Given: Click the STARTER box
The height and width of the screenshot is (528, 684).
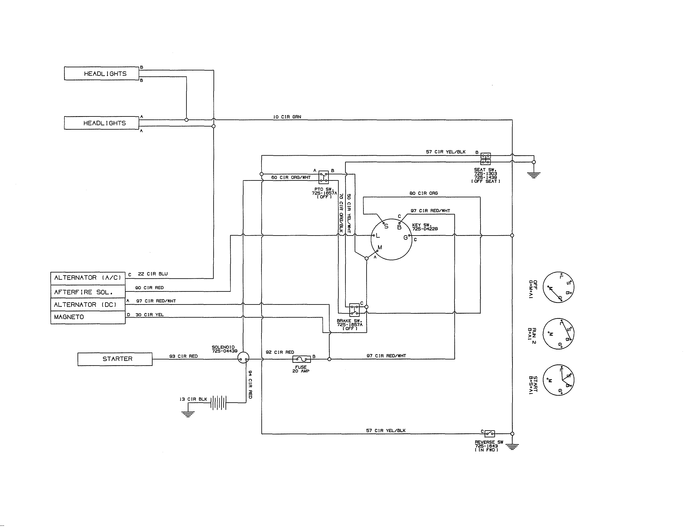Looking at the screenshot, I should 115,359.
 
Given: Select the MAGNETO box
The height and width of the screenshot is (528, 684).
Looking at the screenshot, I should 88,317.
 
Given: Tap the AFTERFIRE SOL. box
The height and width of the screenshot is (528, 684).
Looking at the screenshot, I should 88,292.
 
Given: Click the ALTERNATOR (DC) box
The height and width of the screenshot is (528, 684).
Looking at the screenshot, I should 88,305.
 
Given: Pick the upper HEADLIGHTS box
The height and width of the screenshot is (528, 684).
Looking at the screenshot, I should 102,74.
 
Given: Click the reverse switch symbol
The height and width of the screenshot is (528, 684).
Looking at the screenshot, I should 490,434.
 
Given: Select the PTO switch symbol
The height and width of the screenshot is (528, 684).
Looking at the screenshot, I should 324,177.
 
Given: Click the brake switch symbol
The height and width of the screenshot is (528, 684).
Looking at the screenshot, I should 354,310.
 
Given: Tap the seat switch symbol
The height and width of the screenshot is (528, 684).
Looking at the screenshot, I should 485,159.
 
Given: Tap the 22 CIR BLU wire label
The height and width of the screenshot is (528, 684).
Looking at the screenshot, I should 153,274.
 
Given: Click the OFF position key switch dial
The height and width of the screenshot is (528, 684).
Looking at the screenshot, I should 558,287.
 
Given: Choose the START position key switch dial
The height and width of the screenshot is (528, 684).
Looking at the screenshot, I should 558,380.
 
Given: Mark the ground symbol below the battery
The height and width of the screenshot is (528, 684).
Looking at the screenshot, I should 188,415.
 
